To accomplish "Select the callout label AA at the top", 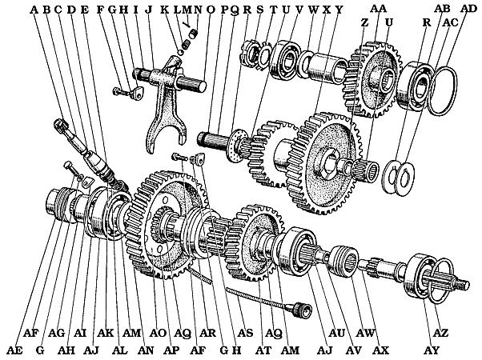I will tap(379, 8).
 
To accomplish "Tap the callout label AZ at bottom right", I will tap(440, 332).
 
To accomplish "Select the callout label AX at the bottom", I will tap(381, 350).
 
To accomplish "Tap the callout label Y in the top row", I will tap(339, 10).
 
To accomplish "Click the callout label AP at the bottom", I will tap(170, 350).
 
